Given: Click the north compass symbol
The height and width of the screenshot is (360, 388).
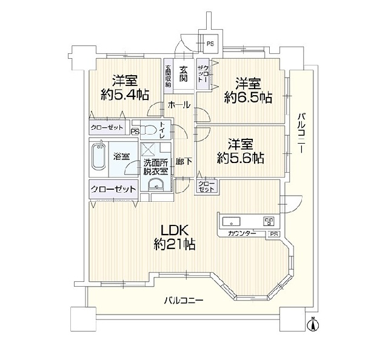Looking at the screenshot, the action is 313,324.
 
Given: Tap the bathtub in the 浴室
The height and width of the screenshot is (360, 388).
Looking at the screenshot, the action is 99,156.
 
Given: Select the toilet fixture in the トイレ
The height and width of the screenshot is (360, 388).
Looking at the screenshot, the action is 150,129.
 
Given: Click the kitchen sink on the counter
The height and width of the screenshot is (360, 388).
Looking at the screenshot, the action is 232,221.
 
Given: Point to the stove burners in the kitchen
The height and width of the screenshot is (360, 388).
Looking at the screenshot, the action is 269,221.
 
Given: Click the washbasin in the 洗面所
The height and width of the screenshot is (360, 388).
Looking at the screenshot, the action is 156,185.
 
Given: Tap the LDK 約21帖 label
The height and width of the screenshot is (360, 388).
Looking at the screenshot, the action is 175,238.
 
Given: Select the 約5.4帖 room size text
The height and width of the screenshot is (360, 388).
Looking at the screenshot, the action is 125,95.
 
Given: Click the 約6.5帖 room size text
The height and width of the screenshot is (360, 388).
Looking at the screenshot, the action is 248,97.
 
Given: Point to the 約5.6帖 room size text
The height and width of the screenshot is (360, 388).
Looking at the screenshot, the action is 240,158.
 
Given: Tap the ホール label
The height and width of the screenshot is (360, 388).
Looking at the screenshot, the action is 179,105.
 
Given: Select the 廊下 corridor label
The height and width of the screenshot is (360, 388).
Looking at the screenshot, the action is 184,162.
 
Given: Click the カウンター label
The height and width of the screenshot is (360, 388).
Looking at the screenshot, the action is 242,233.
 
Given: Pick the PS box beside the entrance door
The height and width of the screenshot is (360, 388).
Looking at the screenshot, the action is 210,43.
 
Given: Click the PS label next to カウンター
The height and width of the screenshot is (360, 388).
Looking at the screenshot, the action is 273,234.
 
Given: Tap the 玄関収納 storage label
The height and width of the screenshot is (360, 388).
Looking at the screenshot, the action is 169,76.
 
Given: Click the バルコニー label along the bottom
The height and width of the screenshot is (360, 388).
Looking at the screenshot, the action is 184,301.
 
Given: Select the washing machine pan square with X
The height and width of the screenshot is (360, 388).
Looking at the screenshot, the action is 148,149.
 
